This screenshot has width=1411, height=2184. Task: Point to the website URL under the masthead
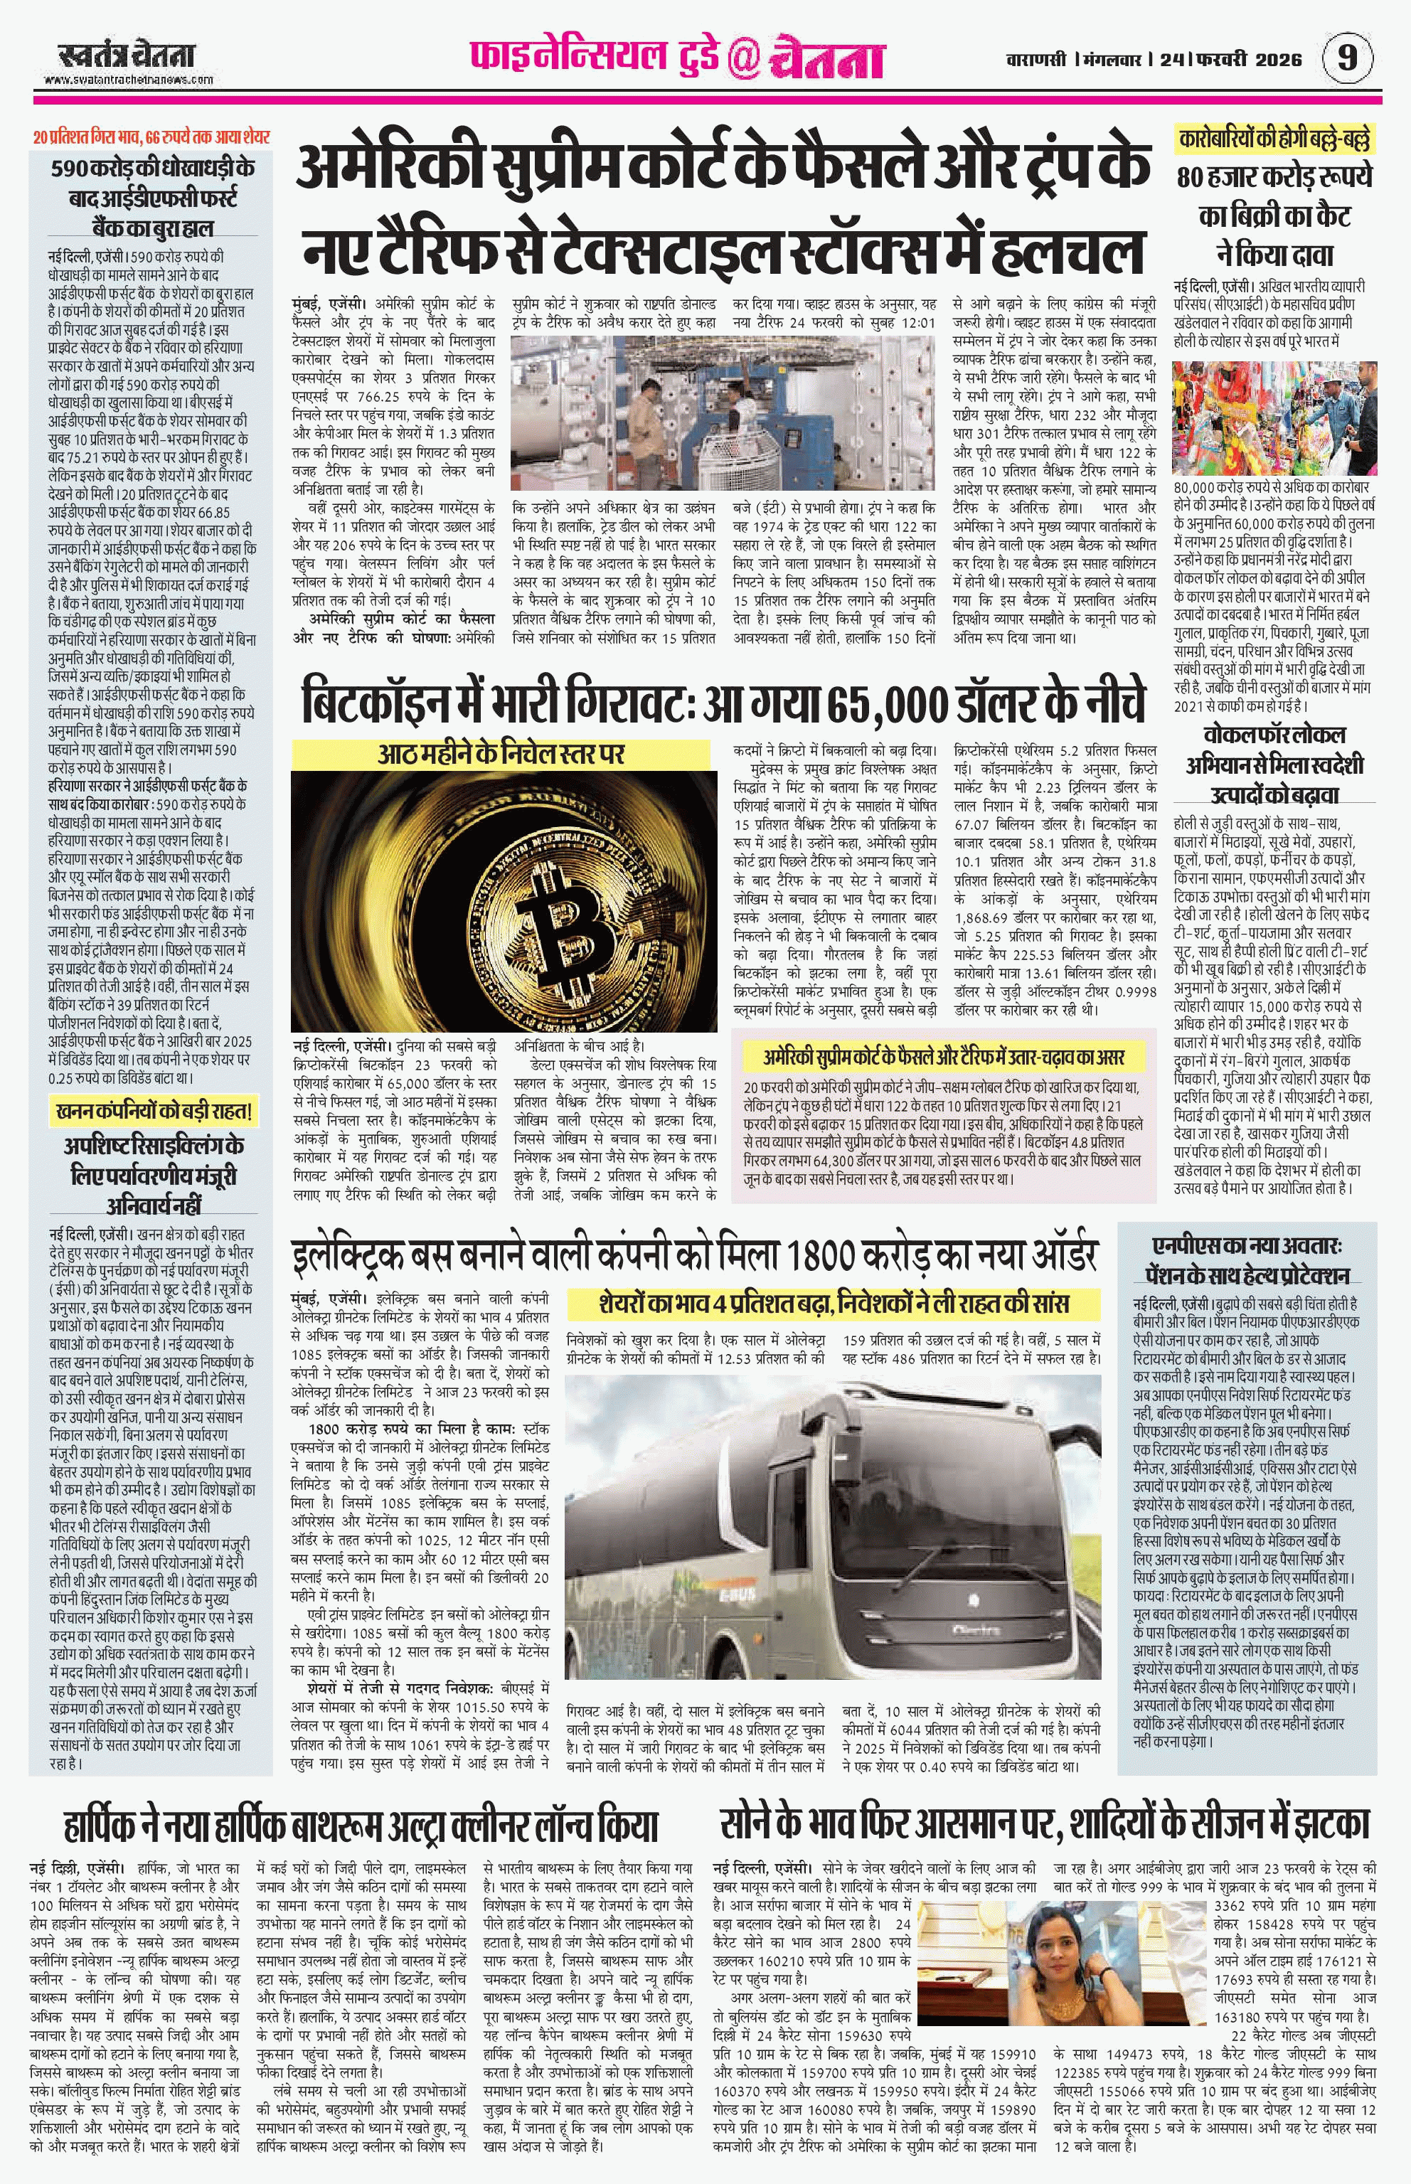pyautogui.click(x=127, y=80)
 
